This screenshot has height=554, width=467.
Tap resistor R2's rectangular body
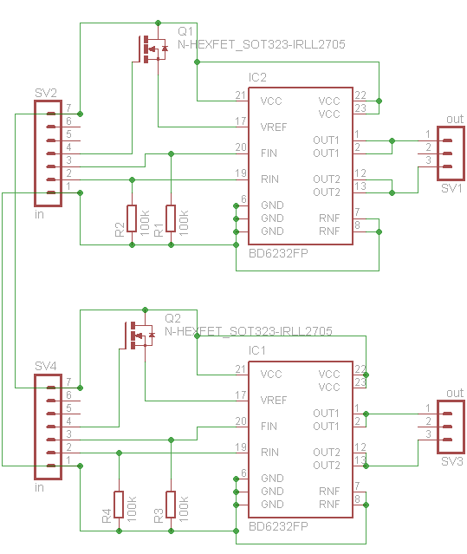(x=132, y=218)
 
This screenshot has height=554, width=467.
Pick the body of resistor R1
(x=171, y=218)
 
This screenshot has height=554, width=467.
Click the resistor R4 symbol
(x=119, y=505)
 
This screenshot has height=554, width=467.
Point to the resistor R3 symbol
(x=171, y=505)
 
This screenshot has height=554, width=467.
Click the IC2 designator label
(x=257, y=77)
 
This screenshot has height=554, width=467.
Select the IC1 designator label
(x=257, y=350)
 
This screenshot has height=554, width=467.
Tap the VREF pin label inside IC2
(x=274, y=127)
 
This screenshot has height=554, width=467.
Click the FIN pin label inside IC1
(x=269, y=426)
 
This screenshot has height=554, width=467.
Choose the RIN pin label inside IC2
(x=269, y=179)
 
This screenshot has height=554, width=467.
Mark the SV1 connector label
(x=451, y=188)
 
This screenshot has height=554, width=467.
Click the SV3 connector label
(x=451, y=461)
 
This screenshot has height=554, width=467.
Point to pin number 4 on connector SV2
(x=68, y=147)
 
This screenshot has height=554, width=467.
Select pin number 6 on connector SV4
(x=68, y=394)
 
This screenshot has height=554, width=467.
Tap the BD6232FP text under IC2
(x=278, y=253)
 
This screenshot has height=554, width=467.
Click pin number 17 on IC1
(x=241, y=394)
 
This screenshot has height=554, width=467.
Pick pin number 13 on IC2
(x=360, y=186)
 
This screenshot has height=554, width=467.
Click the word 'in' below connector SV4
(x=39, y=487)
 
